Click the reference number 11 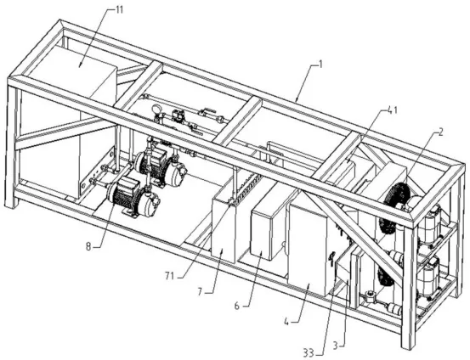click(119, 10)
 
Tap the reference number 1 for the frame click(320, 65)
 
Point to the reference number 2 click(439, 132)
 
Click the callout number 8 click(88, 246)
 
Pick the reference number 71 click(169, 276)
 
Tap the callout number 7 click(201, 291)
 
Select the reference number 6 click(237, 306)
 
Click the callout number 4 click(286, 322)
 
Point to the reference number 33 click(309, 353)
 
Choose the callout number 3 click(336, 346)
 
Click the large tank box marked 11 click(75, 120)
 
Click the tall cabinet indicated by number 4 click(309, 245)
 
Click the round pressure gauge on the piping click(156, 109)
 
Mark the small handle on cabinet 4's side click(331, 258)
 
